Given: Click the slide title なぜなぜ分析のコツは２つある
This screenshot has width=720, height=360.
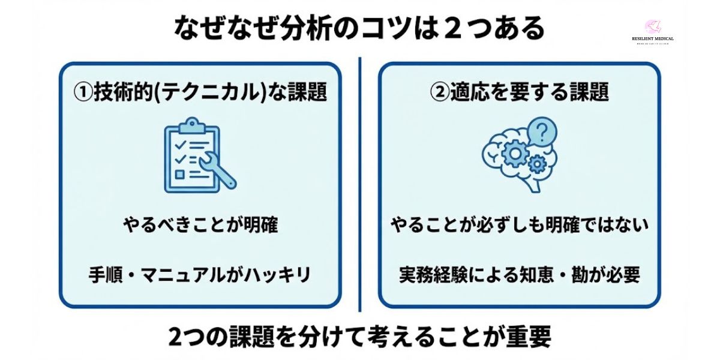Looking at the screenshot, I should pyautogui.click(x=359, y=27).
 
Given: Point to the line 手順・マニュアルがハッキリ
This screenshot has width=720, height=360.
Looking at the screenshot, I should pyautogui.click(x=200, y=275).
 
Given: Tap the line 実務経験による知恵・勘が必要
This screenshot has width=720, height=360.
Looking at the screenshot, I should pyautogui.click(x=520, y=275).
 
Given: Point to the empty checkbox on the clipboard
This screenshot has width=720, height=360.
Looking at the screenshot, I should pyautogui.click(x=179, y=175).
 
